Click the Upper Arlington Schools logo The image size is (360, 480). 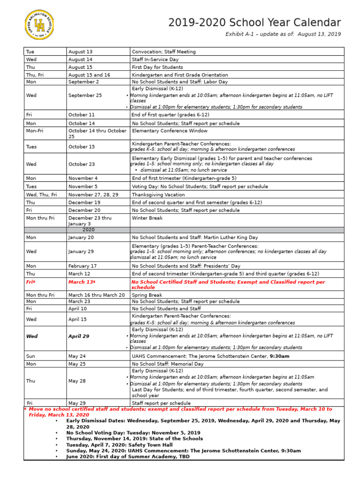tap(39, 24)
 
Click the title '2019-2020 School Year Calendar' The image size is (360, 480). tap(255, 22)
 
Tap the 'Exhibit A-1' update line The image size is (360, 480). tap(283, 34)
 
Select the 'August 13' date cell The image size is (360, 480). tap(81, 52)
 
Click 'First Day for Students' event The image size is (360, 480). tap(157, 67)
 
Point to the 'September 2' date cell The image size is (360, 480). tap(83, 82)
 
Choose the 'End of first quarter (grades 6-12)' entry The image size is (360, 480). tap(171, 114)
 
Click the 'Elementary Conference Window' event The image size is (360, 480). tap(170, 131)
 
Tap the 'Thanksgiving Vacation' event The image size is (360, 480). tap(158, 195)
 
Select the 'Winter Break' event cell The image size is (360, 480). tap(147, 218)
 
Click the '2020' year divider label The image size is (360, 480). tap(89, 230)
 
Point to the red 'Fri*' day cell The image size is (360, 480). tap(31, 282)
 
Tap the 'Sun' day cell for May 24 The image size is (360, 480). tap(30, 356)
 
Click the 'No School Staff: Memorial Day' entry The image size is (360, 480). tap(168, 364)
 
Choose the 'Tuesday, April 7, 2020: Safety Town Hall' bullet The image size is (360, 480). tap(120, 445)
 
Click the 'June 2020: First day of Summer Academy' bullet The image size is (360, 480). tap(128, 457)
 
